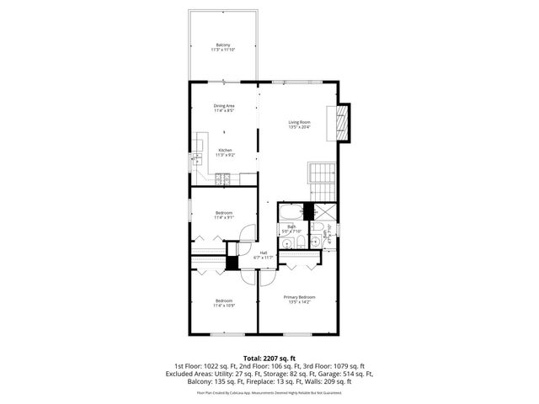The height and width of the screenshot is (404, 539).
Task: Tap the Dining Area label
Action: click(x=223, y=105)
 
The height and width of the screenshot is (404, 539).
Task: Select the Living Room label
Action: click(x=299, y=122)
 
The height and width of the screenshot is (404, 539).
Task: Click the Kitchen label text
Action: click(x=224, y=150)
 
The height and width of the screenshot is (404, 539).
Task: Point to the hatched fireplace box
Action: click(x=341, y=122)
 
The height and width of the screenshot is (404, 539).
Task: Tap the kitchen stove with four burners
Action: click(x=224, y=178)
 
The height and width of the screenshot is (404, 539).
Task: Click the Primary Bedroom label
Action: click(x=299, y=296)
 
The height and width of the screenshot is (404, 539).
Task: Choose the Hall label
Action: click(x=264, y=252)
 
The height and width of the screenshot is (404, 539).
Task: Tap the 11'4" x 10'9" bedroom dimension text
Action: click(x=224, y=306)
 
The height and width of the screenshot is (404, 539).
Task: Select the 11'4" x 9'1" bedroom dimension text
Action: click(x=224, y=217)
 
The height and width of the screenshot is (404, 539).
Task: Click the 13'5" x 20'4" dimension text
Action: click(x=299, y=127)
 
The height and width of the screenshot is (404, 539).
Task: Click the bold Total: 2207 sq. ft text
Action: click(x=269, y=359)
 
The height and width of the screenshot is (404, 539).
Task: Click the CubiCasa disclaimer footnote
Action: click(x=269, y=392)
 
